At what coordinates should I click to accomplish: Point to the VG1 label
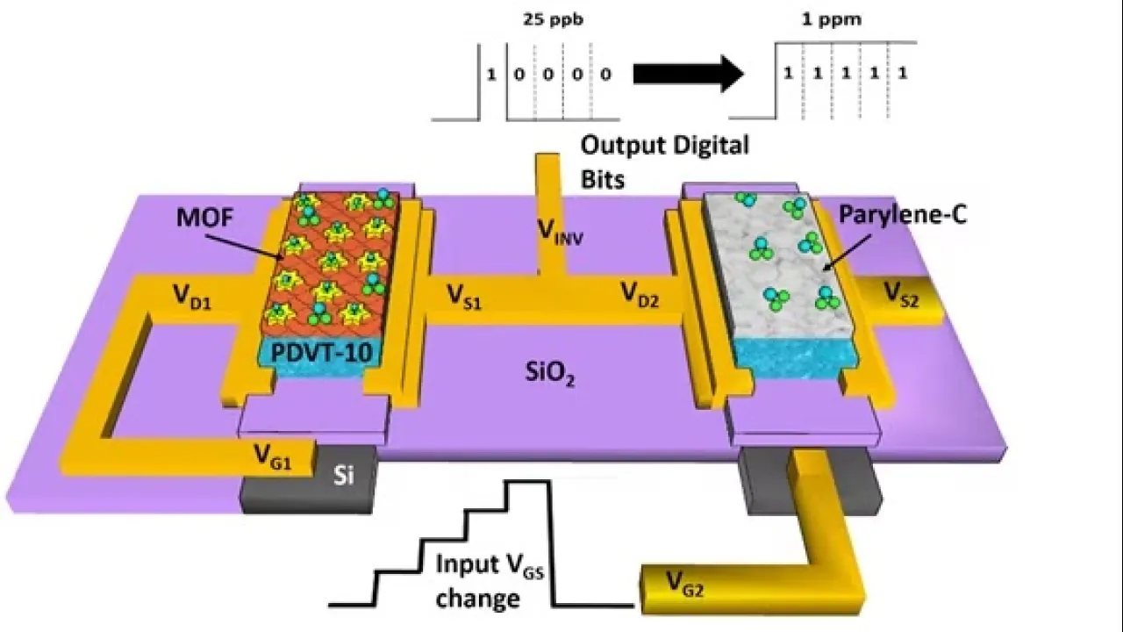(274, 455)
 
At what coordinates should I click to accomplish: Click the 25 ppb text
(545, 18)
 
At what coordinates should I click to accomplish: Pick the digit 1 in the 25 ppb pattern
(491, 75)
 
